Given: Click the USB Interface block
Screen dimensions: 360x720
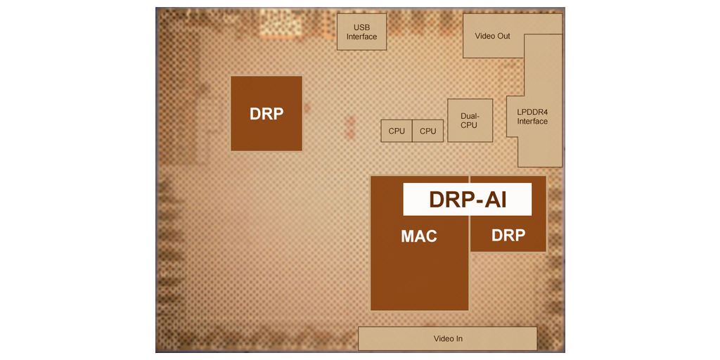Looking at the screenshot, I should pos(361,32).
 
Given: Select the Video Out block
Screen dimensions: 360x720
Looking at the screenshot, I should pos(493,35).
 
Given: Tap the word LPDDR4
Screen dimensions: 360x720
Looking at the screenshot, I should pos(532,112).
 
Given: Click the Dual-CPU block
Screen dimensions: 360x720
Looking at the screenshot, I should pos(469,121).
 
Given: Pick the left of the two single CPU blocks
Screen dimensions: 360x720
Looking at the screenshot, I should pos(397,131).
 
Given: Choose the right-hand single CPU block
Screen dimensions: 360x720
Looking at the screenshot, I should pos(427,131).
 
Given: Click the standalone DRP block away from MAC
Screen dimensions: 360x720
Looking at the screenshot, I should pos(266,113).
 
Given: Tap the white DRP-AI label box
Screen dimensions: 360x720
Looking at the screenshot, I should pos(467,199).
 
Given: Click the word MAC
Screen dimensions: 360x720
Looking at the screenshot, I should pos(419,236).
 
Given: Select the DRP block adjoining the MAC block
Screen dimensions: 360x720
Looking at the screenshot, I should pos(508,236).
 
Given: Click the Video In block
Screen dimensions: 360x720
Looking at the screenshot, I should pos(448,338).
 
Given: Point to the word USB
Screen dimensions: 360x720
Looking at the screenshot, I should pos(361,27).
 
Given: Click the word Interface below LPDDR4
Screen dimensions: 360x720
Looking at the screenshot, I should pos(532,122).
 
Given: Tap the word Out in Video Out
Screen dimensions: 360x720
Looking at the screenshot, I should pos(503,36).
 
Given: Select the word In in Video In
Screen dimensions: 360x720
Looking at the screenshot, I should pos(458,339).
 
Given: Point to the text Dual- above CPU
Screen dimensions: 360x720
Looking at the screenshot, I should pos(469,116).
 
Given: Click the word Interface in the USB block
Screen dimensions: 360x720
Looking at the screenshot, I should pos(361,37).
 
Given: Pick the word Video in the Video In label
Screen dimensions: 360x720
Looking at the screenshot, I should pos(443,339).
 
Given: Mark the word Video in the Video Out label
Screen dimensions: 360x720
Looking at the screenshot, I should pos(484,36).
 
